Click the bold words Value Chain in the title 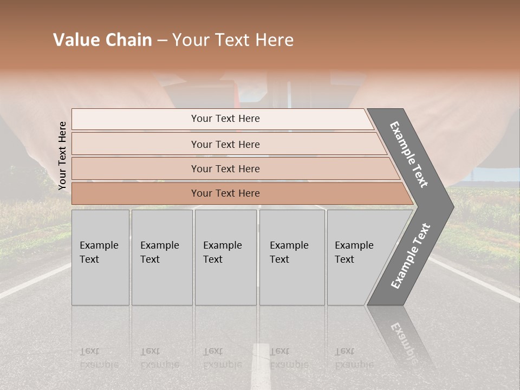coord(102,40)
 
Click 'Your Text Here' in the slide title coord(233,40)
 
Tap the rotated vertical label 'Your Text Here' coord(62,155)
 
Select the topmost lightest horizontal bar coord(222,119)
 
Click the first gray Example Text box coord(100,257)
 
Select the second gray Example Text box coord(161,257)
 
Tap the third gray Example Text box coord(225,257)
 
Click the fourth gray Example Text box coord(291,257)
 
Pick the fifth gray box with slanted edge coord(357,257)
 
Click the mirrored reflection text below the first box coord(99,358)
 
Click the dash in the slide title coord(162,41)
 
